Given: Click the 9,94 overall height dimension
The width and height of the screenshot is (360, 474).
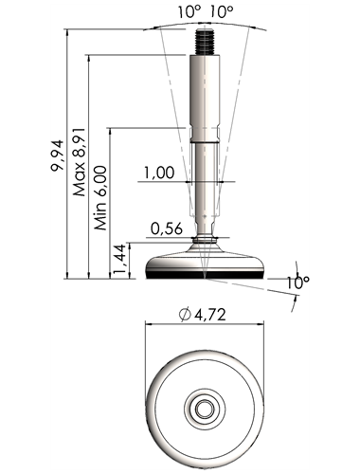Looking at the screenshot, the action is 57,155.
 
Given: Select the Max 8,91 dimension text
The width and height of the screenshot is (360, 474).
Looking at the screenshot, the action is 79,162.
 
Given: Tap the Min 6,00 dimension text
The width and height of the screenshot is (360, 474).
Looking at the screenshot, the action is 101,198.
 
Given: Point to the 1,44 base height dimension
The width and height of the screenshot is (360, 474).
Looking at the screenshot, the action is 120,260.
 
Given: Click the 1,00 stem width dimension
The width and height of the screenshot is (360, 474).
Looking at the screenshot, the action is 159,173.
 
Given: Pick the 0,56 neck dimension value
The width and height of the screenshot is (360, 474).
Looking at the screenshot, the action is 167,228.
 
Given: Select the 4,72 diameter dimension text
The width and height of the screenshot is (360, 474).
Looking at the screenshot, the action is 210,315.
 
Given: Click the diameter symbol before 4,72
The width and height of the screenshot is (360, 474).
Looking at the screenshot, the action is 185,315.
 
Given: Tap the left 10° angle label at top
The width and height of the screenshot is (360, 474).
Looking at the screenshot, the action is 189,12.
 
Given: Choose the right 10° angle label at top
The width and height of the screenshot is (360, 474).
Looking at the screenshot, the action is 222,12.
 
